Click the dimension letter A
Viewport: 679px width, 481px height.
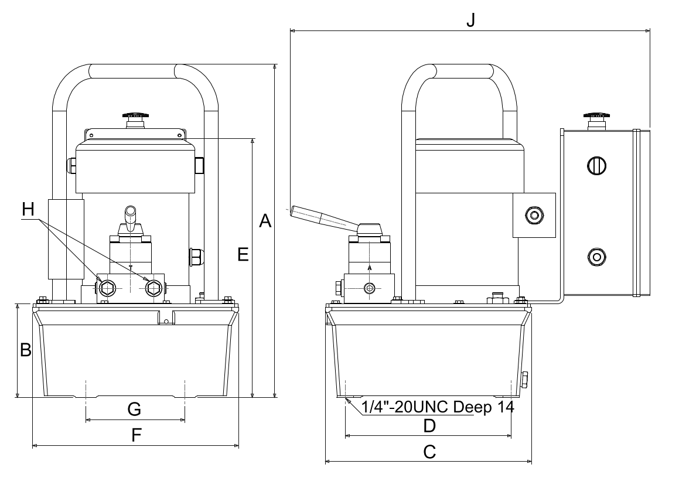pos(265,221)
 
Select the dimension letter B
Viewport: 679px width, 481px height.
pos(26,349)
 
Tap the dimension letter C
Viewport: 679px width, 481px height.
pos(429,452)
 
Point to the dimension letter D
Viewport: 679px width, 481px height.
pos(429,426)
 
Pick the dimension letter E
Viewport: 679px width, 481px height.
pos(243,254)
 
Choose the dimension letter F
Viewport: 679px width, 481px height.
pos(137,435)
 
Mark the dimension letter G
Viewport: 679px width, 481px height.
pos(134,409)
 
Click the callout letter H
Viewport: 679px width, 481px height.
pos(28,209)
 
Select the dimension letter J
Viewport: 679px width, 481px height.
pos(470,19)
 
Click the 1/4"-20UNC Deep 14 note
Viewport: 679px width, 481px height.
pos(438,407)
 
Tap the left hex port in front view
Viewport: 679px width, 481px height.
pos(107,288)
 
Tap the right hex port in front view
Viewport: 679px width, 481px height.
pos(153,288)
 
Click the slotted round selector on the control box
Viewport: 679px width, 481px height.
pos(596,165)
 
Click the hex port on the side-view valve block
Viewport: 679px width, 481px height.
pos(370,288)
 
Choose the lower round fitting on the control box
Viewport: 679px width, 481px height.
pos(597,257)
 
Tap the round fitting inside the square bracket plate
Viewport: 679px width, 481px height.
pos(534,215)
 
